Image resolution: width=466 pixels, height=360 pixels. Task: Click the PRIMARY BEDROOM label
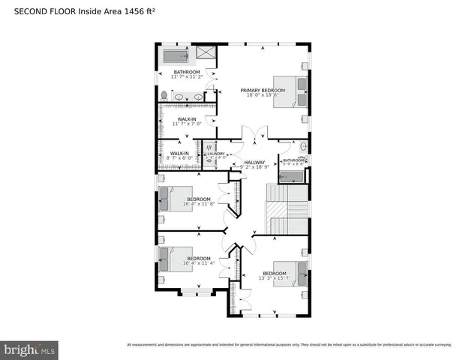(x=260, y=90)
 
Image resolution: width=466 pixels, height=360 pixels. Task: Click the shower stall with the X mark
(x=205, y=54)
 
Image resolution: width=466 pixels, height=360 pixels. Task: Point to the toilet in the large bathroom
(x=164, y=95)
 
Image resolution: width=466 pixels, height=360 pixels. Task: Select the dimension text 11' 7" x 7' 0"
(x=187, y=123)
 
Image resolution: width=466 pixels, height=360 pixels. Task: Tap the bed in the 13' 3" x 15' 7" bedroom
(x=290, y=274)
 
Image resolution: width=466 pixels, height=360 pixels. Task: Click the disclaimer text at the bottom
(x=289, y=345)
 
